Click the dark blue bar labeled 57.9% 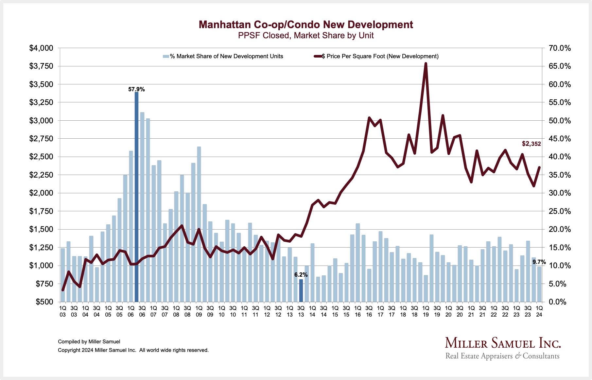(136, 196)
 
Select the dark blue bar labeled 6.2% (301, 290)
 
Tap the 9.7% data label (539, 262)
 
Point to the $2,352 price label (531, 144)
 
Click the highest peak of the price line (426, 64)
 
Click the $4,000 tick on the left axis (41, 48)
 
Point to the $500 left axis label (44, 302)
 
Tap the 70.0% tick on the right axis (560, 48)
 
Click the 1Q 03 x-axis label (62, 311)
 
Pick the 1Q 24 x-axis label (539, 311)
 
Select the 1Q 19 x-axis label (426, 311)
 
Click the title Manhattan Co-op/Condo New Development (306, 25)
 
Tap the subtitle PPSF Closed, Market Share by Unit (306, 36)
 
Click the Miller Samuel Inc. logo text (503, 343)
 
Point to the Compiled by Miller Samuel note (89, 342)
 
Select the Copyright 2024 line (133, 350)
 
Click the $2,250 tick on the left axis (41, 175)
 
